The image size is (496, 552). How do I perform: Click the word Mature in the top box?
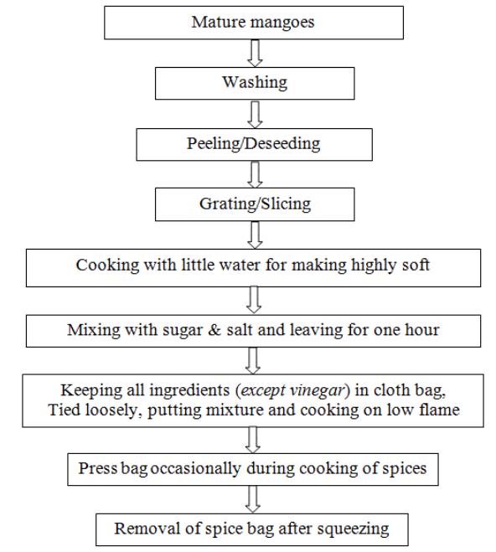[219, 22]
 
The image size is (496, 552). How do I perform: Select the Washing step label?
[255, 83]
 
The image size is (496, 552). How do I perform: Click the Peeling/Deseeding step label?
[254, 143]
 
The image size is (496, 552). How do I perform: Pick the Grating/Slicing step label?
[256, 204]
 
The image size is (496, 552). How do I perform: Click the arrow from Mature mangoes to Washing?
[255, 53]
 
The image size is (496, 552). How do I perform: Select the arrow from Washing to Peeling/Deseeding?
[255, 115]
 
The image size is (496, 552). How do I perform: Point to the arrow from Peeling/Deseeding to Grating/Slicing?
[255, 174]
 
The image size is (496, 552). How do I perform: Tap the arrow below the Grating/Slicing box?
[255, 235]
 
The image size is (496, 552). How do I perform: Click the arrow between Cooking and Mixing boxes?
[254, 300]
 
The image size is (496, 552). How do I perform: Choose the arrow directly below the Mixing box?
[253, 361]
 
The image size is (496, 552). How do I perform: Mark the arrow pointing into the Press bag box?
[253, 440]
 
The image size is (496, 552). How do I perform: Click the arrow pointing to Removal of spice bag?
[253, 499]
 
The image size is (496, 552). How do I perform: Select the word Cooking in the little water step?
[108, 266]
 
